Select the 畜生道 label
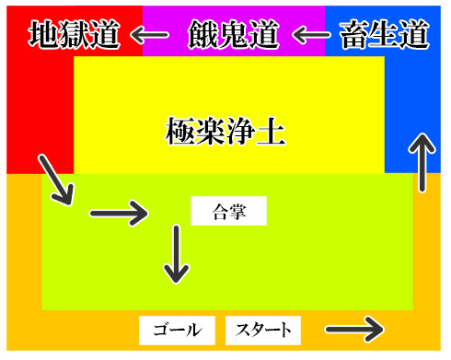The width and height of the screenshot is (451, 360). click(x=384, y=35)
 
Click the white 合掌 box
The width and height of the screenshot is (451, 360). click(x=227, y=211)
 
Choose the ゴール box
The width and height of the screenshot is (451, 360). click(x=176, y=330)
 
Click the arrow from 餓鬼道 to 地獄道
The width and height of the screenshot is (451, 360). click(x=148, y=36)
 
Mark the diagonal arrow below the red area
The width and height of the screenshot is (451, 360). click(x=55, y=180)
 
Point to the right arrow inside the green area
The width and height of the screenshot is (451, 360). click(x=118, y=214)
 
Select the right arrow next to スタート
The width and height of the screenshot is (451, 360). click(x=353, y=328)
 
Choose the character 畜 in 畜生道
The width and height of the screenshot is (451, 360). click(x=354, y=35)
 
